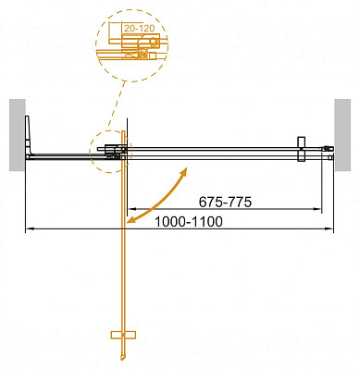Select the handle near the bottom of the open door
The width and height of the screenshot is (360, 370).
tap(123, 333)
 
